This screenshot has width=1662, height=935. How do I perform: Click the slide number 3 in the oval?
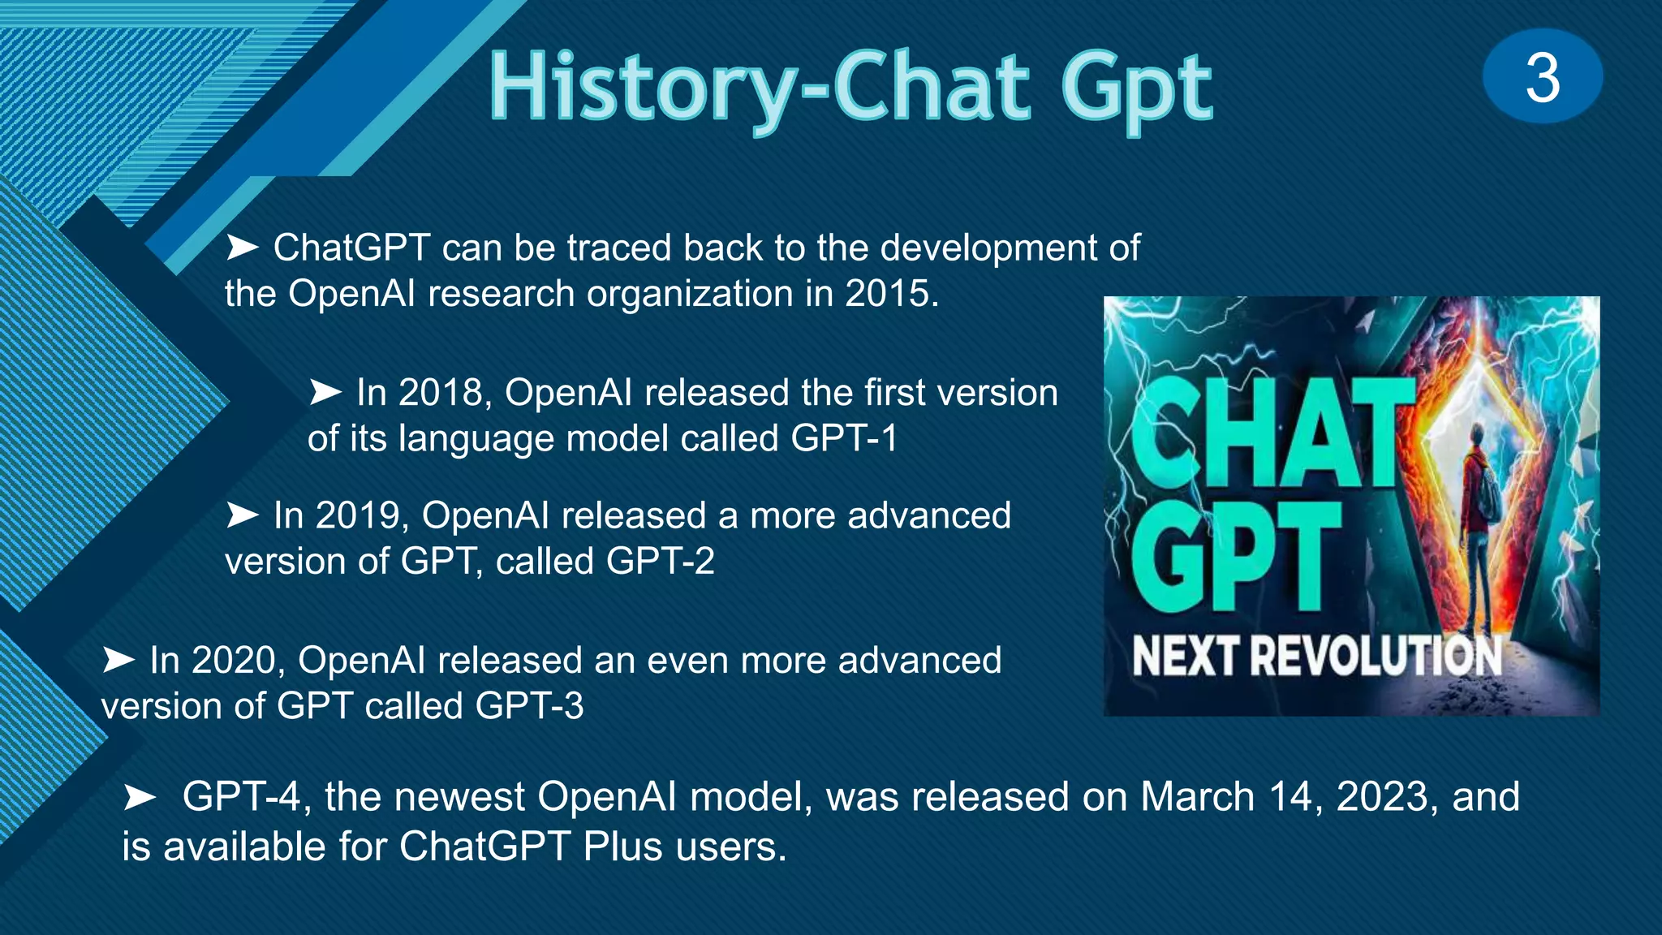[x=1542, y=78]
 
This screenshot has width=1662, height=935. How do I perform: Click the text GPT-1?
[x=844, y=439]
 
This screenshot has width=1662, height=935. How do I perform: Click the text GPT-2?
[x=660, y=562]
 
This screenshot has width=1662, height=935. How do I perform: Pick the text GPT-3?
[x=529, y=706]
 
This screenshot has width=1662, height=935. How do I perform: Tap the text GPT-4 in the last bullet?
[x=242, y=797]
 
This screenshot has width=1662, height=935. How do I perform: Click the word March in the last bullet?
[x=1197, y=797]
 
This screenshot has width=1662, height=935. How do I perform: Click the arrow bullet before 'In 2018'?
[x=325, y=393]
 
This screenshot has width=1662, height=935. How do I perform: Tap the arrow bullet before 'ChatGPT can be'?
[x=242, y=248]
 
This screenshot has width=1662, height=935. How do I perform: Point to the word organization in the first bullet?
[x=690, y=294]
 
